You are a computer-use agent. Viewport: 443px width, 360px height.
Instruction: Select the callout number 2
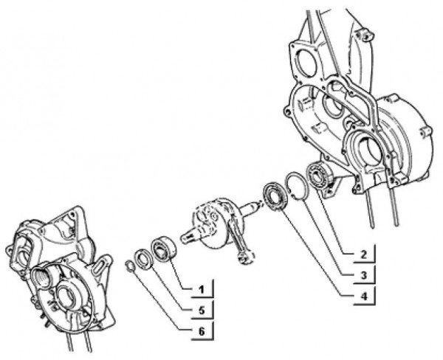pyautogui.click(x=363, y=256)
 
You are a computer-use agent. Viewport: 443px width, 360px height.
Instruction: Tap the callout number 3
pyautogui.click(x=363, y=276)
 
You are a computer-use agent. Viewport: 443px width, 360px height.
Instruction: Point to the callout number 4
pyautogui.click(x=363, y=297)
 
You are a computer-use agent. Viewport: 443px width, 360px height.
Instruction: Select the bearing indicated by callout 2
pyautogui.click(x=323, y=175)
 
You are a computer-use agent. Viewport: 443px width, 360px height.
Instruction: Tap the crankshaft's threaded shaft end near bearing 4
pyautogui.click(x=255, y=209)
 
